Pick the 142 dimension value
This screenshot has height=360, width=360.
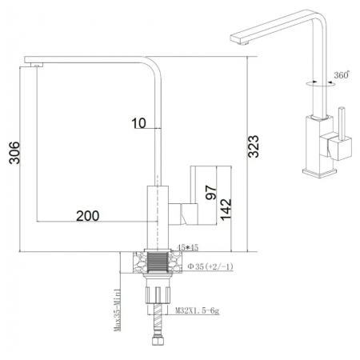[x=226, y=206]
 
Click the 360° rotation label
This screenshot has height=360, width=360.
[x=342, y=75]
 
